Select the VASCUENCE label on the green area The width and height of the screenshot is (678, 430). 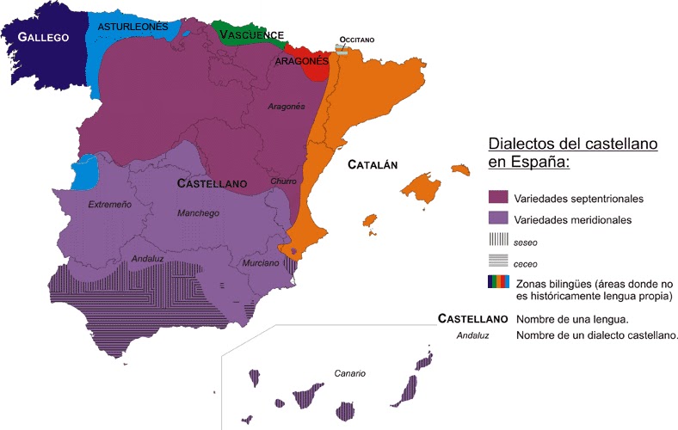pyautogui.click(x=251, y=35)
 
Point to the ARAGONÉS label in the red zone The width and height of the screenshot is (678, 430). pyautogui.click(x=301, y=62)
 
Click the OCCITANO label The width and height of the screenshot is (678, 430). pyautogui.click(x=357, y=40)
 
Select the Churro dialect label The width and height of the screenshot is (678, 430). pyautogui.click(x=283, y=182)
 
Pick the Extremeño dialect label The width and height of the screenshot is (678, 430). pyautogui.click(x=110, y=205)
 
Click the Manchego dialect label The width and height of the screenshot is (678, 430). pyautogui.click(x=198, y=213)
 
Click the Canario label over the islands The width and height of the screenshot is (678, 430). pyautogui.click(x=350, y=374)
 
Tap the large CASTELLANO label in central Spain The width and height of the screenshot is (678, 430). pyautogui.click(x=212, y=184)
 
